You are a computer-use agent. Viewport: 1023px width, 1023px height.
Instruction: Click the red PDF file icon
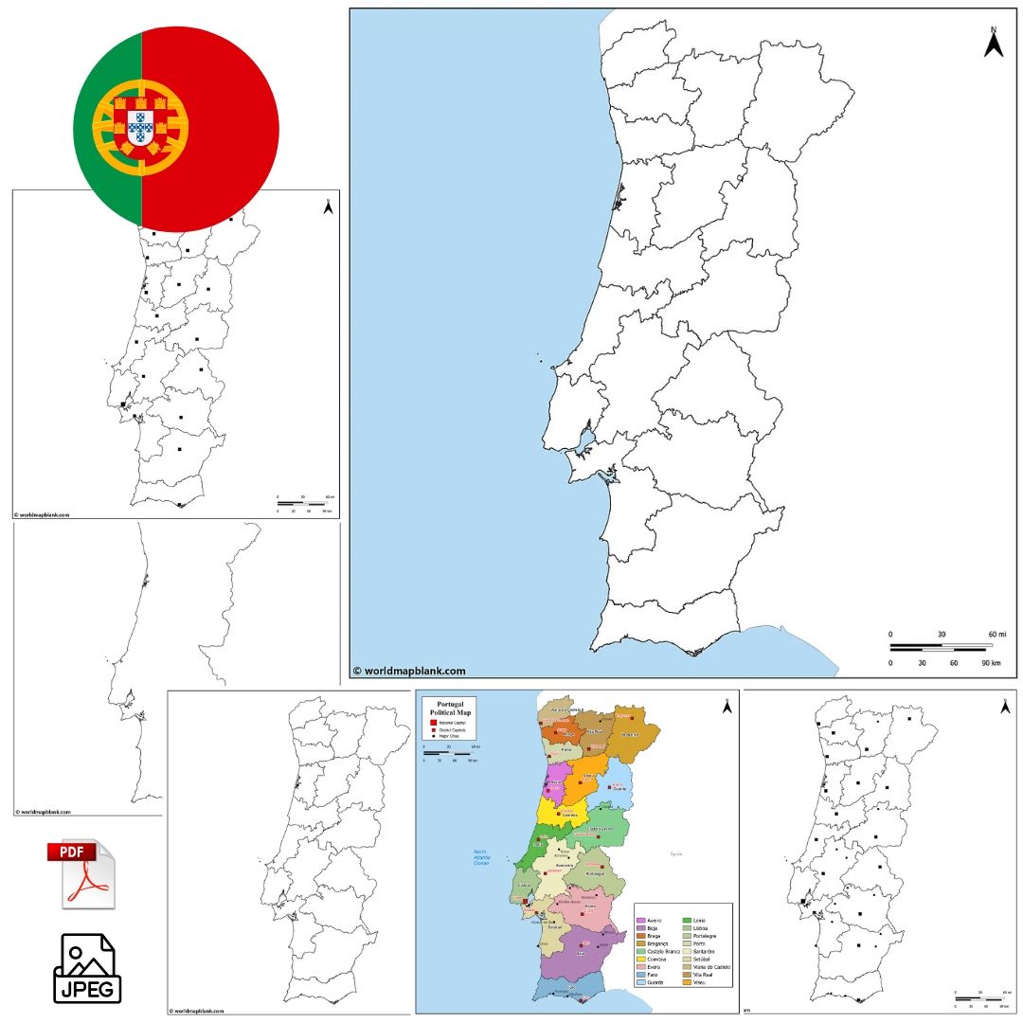tap(81, 873)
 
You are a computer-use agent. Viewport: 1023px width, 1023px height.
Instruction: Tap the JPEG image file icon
tap(87, 969)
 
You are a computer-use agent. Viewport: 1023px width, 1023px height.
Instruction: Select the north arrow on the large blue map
tap(994, 43)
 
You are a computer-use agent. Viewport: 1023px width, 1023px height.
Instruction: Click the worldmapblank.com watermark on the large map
tap(409, 671)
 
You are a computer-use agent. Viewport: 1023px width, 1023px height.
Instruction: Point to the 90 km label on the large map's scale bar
tap(992, 663)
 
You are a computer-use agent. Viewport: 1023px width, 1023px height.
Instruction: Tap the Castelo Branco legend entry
tap(660, 951)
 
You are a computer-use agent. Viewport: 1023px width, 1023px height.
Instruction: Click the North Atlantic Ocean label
tap(481, 856)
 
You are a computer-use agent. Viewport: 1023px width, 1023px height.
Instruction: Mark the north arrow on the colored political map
tap(727, 706)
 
